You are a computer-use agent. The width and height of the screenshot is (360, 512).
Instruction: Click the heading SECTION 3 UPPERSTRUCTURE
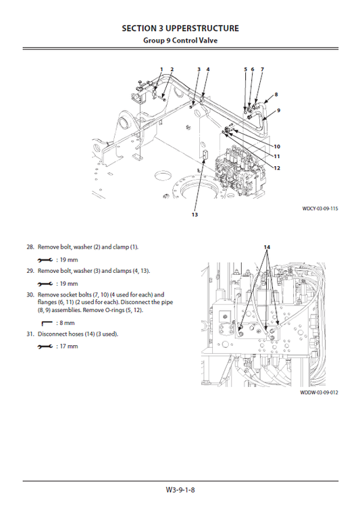coord(180,28)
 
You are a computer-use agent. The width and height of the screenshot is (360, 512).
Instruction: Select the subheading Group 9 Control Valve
coord(180,40)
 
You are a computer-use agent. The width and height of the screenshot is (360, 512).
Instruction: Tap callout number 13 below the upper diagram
coord(195,215)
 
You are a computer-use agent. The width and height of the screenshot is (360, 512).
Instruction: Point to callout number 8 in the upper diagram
coord(276,94)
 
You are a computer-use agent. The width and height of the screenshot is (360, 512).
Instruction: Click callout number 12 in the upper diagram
coord(278,168)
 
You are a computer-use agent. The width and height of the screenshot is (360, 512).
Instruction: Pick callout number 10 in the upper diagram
coord(277,146)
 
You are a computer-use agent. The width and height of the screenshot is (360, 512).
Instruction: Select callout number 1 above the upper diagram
coord(161,70)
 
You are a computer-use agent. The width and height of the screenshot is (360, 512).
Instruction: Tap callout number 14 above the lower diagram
coord(267,248)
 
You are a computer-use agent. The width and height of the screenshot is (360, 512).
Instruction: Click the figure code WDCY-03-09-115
coord(320,209)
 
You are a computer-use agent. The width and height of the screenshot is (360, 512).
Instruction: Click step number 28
coord(30,248)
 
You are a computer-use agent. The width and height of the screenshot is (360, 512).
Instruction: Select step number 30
coord(30,295)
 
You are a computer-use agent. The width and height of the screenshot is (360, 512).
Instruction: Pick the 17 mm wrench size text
coord(68,347)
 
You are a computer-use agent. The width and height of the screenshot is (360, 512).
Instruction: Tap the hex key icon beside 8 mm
coord(46,323)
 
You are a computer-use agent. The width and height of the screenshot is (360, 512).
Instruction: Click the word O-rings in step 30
coord(111,311)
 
